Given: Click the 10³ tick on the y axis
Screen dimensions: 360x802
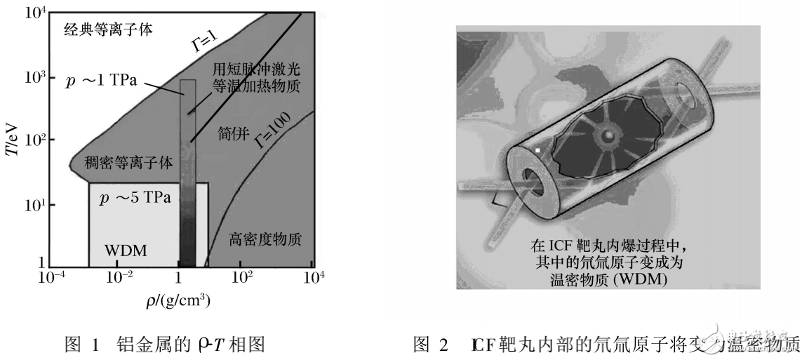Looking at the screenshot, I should pyautogui.click(x=31, y=76).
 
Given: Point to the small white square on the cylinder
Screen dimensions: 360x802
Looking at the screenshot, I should pyautogui.click(x=537, y=149).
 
